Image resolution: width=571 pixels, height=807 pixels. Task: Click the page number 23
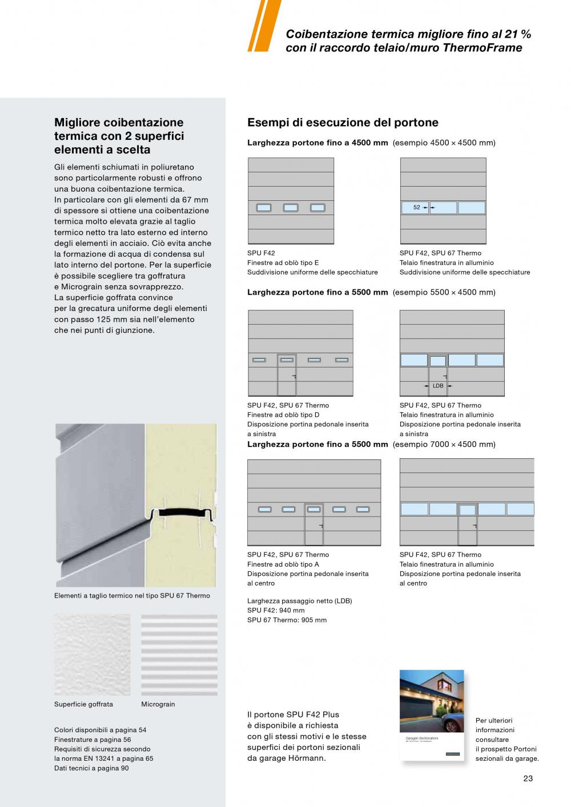[x=528, y=778]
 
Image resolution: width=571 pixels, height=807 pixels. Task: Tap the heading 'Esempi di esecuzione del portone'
[x=343, y=123]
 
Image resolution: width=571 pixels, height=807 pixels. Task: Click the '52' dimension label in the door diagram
[x=417, y=208]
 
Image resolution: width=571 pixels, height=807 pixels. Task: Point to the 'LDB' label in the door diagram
[x=438, y=386]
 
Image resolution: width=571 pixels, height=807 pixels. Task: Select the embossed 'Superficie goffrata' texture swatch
[x=92, y=655]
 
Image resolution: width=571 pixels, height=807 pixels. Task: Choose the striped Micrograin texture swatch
[x=179, y=655]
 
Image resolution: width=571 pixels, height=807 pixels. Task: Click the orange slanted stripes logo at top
[x=263, y=26]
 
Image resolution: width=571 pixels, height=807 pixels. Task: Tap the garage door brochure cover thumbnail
[x=431, y=715]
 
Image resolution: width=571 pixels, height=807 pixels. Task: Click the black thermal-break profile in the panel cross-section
[x=182, y=514]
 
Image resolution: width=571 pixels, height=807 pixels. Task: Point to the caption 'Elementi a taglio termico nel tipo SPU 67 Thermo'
[x=132, y=596]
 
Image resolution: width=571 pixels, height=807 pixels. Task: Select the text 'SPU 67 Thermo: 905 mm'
[x=287, y=620]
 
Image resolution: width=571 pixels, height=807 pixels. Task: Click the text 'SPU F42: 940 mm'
[x=276, y=610]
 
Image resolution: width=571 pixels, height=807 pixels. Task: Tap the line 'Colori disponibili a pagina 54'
[x=100, y=730]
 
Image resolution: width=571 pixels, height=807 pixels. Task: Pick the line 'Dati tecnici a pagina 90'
[x=91, y=768]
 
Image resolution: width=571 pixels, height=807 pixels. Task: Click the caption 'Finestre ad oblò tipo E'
[x=283, y=263]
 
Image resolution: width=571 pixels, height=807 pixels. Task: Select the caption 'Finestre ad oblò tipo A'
[x=283, y=564]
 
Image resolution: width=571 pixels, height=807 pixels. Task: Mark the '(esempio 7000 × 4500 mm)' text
[x=444, y=444]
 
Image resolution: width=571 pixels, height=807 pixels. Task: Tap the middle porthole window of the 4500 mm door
[x=291, y=208]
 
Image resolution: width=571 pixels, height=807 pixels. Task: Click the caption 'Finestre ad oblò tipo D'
[x=283, y=415]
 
